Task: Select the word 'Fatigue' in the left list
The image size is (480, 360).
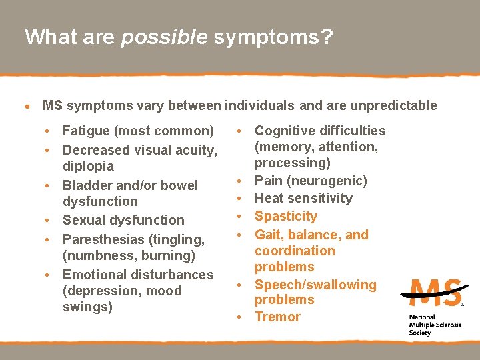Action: pos(87,131)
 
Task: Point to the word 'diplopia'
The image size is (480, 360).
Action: pos(88,166)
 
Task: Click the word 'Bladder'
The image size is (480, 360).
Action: pos(87,185)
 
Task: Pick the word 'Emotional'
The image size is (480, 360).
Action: pos(94,275)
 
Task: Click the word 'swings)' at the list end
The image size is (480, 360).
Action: pos(87,307)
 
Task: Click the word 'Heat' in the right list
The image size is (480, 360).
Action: pos(269,198)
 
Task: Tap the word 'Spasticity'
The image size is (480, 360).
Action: pos(286,216)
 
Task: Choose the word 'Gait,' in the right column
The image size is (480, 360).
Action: pos(270,235)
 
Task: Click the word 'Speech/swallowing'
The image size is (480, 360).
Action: pos(315,285)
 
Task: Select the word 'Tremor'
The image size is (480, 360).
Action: pos(277,317)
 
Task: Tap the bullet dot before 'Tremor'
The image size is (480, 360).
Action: pos(238,317)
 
